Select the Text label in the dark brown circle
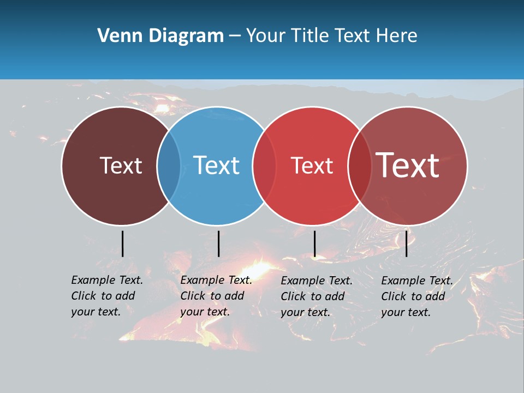click(x=121, y=165)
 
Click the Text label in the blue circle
click(x=216, y=165)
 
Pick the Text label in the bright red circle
click(x=312, y=165)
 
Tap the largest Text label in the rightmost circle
click(x=408, y=165)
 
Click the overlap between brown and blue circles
click(x=169, y=166)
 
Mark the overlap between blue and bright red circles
click(x=264, y=166)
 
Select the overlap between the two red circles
click(x=360, y=166)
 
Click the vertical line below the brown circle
click(x=122, y=243)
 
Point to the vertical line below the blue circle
click(x=218, y=243)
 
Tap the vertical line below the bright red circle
click(x=314, y=243)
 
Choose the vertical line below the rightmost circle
click(x=406, y=243)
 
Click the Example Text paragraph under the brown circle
click(x=107, y=296)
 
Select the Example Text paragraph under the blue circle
click(x=216, y=296)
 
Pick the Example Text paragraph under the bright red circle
click(x=317, y=296)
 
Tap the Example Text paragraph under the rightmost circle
click(x=417, y=296)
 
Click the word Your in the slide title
click(x=266, y=36)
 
